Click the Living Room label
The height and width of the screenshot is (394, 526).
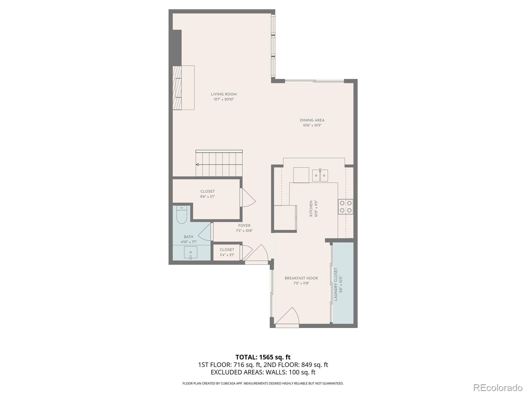coord(224,94)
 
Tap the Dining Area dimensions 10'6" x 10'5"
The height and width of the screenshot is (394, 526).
coord(312,125)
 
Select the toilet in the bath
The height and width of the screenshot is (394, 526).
coord(181,215)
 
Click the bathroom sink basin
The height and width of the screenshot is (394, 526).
coord(190,253)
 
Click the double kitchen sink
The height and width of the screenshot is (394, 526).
coord(320,175)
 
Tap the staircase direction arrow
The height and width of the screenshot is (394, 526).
coord(198,164)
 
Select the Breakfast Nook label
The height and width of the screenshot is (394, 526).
coord(301,278)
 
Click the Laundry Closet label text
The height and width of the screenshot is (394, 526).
coord(336,284)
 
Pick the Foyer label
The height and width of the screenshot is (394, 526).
coord(244,226)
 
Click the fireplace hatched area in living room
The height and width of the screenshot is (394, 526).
coord(177,88)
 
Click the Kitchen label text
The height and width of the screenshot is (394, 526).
coord(311,209)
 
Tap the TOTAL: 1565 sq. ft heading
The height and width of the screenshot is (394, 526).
coord(263,357)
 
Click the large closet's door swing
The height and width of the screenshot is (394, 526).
coord(248,198)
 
